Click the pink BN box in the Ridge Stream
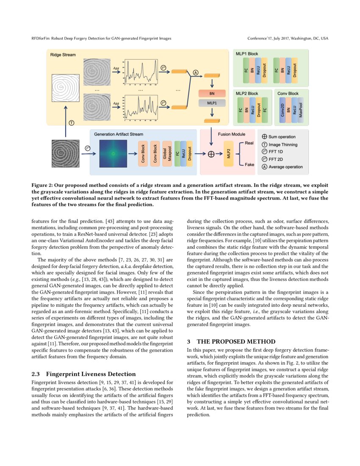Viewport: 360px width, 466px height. [212, 93]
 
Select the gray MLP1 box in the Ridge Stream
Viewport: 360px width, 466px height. [212, 103]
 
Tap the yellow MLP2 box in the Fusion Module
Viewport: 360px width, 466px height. [229, 154]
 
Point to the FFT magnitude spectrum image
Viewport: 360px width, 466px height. [113, 153]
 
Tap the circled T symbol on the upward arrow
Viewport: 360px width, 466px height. [72, 122]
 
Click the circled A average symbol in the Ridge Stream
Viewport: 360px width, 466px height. [196, 73]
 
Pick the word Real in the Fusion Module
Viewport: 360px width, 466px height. [249, 144]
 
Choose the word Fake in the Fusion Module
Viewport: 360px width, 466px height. [249, 164]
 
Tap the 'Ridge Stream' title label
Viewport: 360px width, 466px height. [63, 55]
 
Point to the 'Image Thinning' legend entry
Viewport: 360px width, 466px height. [283, 144]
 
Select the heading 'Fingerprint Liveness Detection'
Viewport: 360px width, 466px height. [91, 374]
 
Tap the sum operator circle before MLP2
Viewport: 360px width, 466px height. [211, 154]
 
